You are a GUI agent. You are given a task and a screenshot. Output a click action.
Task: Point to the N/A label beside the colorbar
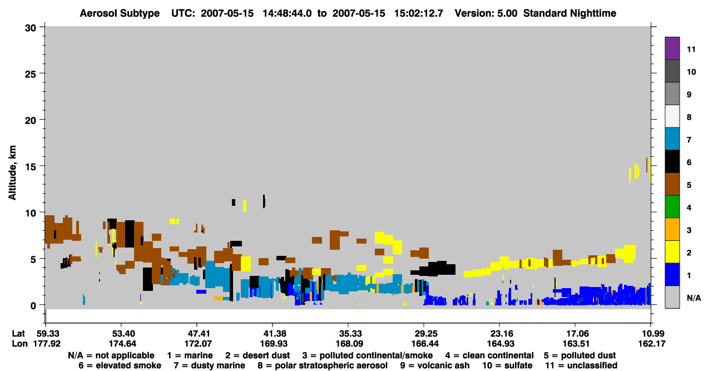694,298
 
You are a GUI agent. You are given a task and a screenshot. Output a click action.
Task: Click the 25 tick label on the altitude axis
31,75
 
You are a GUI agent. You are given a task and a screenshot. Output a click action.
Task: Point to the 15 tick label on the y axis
31,167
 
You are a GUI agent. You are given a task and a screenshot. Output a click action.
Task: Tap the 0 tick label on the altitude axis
33,305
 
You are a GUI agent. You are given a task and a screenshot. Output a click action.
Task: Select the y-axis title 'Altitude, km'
12,172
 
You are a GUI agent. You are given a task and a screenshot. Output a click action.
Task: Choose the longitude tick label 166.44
425,344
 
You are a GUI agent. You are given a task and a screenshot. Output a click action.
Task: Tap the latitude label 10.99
651,334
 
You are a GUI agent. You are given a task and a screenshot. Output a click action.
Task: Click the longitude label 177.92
47,344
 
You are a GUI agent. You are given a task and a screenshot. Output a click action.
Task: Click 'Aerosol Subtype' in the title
120,13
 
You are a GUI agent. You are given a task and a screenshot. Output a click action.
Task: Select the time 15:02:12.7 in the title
419,13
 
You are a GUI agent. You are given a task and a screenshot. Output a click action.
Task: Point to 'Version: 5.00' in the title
486,13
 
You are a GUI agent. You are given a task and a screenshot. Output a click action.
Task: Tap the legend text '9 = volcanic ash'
435,365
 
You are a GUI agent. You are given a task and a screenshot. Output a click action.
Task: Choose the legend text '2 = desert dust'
257,355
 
